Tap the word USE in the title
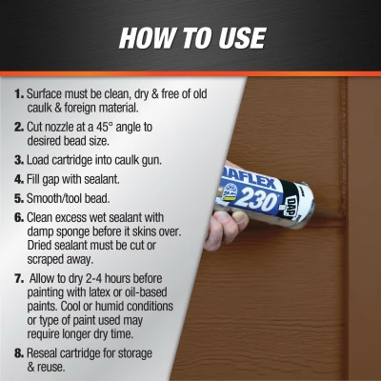(x=236, y=38)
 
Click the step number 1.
(x=18, y=95)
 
